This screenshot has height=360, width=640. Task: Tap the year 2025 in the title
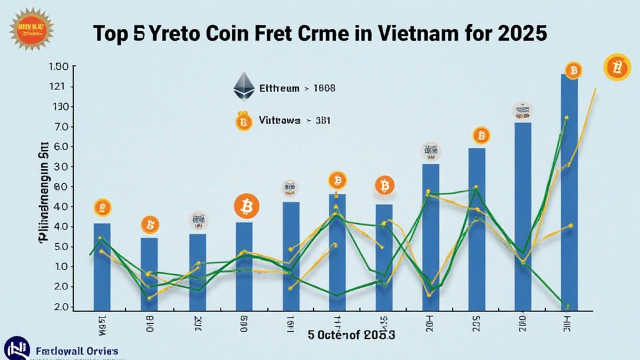pyautogui.click(x=522, y=34)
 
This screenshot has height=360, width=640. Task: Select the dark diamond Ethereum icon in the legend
pyautogui.click(x=244, y=87)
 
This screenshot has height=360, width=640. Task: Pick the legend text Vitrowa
pyautogui.click(x=279, y=120)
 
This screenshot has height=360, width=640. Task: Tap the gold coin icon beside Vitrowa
pyautogui.click(x=244, y=121)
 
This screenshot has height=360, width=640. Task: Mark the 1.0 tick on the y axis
pyautogui.click(x=61, y=267)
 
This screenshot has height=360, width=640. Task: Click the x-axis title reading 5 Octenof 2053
pyautogui.click(x=351, y=335)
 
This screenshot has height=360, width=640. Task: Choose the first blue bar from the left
pyautogui.click(x=102, y=266)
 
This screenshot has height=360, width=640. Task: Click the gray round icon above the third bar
pyautogui.click(x=199, y=220)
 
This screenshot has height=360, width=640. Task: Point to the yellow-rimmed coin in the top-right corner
pyautogui.click(x=617, y=67)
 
